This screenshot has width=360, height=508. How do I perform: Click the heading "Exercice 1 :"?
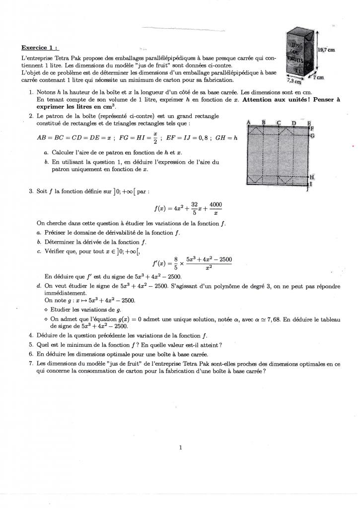39,48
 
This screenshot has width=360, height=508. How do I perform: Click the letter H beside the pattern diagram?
312,177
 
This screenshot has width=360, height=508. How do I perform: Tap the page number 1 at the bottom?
180,447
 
